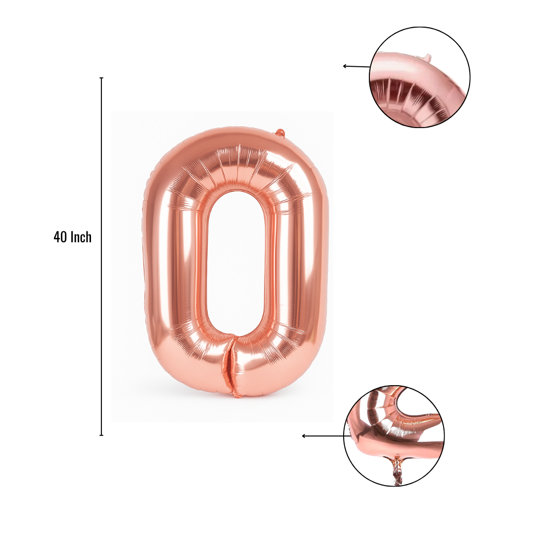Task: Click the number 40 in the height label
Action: (60, 237)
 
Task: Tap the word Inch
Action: (81, 237)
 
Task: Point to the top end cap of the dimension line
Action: (101, 78)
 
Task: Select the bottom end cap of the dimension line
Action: (101, 435)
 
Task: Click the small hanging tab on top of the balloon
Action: (280, 133)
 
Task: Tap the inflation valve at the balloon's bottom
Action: (236, 395)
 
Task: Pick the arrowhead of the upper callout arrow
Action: (345, 66)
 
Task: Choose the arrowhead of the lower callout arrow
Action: (304, 436)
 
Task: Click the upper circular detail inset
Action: (420, 77)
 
